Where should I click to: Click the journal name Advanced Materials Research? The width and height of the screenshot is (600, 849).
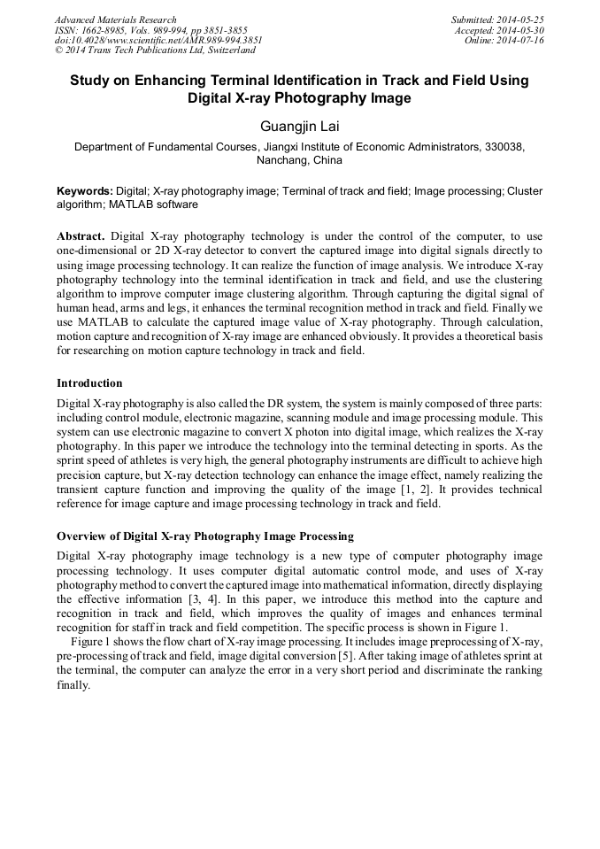coord(115,19)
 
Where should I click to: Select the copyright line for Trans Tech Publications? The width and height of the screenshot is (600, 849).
coord(154,50)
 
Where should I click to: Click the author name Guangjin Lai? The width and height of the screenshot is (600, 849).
coord(299,127)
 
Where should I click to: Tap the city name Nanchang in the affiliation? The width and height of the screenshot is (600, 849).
coord(282,162)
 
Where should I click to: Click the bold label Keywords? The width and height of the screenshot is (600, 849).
coord(85,191)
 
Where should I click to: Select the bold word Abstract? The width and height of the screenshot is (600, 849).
coord(81,237)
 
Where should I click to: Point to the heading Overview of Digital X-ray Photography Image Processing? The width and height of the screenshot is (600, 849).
coord(205,536)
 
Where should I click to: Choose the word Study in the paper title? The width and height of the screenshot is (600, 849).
coord(90,81)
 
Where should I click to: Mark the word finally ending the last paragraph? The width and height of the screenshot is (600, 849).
coord(73,684)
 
